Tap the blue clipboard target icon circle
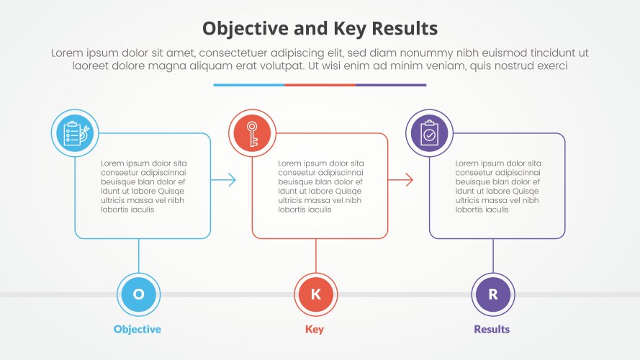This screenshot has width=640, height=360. pyautogui.click(x=75, y=133)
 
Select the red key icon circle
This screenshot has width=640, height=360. pyautogui.click(x=252, y=133)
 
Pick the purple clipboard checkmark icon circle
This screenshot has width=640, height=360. pyautogui.click(x=429, y=133)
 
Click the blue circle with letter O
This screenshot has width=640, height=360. pyautogui.click(x=138, y=294)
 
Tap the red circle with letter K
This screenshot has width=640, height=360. pyautogui.click(x=315, y=294)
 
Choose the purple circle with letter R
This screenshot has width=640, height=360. pyautogui.click(x=493, y=294)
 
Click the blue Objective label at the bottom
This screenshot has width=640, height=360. pyautogui.click(x=138, y=329)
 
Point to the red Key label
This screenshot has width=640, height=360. pyautogui.click(x=315, y=329)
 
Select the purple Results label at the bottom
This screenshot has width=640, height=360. pyautogui.click(x=492, y=329)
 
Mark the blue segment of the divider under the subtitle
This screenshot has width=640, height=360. pyautogui.click(x=248, y=85)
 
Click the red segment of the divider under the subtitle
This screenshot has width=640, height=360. pyautogui.click(x=320, y=85)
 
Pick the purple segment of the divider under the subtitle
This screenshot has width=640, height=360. pyautogui.click(x=391, y=85)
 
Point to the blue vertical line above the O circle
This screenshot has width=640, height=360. pyautogui.click(x=138, y=255)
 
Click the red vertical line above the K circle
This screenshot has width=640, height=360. pyautogui.click(x=315, y=255)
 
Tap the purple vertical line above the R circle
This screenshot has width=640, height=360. pyautogui.click(x=493, y=255)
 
